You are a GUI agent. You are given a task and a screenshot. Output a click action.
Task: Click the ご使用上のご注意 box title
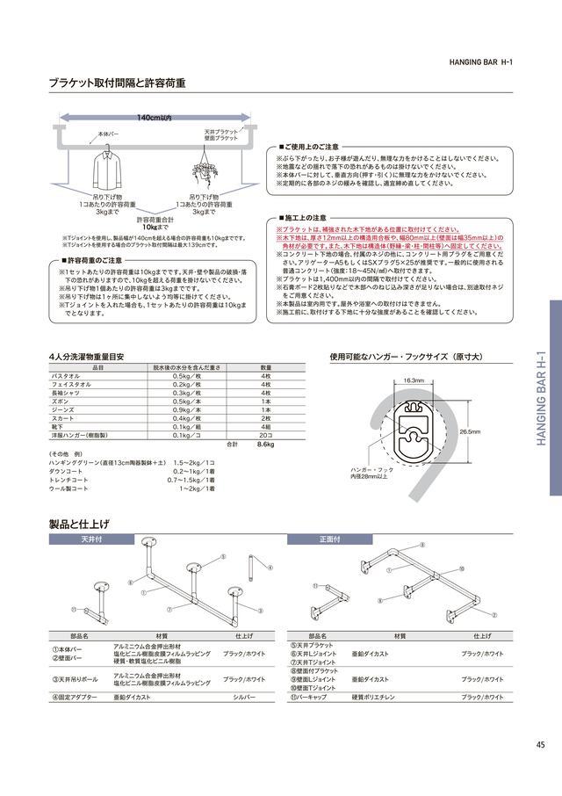pos(308,147)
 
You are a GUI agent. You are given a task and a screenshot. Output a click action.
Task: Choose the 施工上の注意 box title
pos(304,216)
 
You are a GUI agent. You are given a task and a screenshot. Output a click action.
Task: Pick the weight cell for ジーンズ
pos(187,410)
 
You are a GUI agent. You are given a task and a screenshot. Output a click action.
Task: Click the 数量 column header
pos(266,367)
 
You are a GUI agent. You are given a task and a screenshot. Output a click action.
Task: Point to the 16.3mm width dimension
pos(414,380)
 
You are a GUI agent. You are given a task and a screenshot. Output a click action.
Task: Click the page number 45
pos(539,745)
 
